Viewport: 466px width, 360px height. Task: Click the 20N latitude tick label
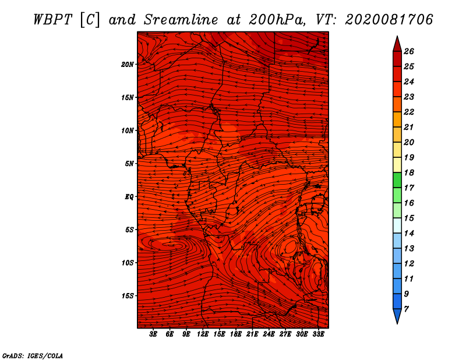point(127,65)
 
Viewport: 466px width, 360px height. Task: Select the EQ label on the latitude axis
point(129,197)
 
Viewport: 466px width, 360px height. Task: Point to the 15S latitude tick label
point(128,296)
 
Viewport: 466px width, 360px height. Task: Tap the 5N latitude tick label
point(129,164)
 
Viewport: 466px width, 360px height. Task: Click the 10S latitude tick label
point(128,263)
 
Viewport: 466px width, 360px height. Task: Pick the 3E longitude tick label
point(153,334)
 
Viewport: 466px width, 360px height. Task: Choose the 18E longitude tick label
point(236,334)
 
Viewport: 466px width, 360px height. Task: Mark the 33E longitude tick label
point(318,334)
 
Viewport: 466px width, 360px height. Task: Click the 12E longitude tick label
point(203,334)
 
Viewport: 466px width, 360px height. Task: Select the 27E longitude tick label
point(285,334)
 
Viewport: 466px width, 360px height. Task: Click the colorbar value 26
point(409,51)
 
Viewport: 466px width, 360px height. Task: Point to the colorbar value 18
point(409,172)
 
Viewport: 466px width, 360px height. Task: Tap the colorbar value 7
point(406,309)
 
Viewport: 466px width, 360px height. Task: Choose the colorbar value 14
point(409,234)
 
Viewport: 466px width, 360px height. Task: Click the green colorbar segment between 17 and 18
point(397,180)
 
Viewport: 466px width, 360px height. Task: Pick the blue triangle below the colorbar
point(397,316)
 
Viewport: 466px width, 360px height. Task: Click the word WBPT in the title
point(52,20)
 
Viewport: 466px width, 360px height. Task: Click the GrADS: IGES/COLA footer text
point(33,355)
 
